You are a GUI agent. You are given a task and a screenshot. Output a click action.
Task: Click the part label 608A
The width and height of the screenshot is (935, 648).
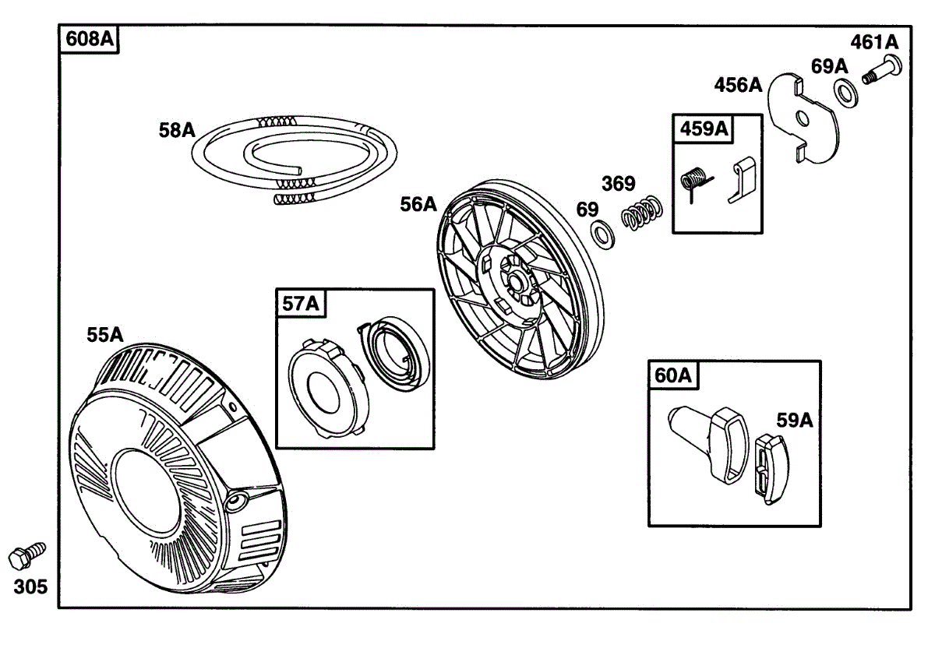pyautogui.click(x=89, y=39)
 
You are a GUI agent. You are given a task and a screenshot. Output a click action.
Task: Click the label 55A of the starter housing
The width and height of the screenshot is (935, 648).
pyautogui.click(x=105, y=335)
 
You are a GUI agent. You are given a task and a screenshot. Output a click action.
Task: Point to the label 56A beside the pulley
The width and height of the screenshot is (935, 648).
pyautogui.click(x=419, y=204)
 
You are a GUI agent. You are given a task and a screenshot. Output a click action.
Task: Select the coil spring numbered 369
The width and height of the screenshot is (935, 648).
pyautogui.click(x=643, y=211)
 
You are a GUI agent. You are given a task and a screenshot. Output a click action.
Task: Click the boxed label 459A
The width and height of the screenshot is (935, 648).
pyautogui.click(x=704, y=129)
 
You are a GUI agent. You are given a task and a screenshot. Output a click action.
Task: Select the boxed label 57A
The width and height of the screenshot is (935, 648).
pyautogui.click(x=302, y=304)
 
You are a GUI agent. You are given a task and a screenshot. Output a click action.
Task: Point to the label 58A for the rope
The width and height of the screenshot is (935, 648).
pyautogui.click(x=178, y=130)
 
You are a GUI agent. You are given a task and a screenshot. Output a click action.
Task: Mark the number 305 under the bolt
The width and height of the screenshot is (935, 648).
pyautogui.click(x=30, y=586)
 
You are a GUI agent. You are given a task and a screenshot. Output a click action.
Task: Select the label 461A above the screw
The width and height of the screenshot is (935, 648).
pyautogui.click(x=874, y=42)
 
